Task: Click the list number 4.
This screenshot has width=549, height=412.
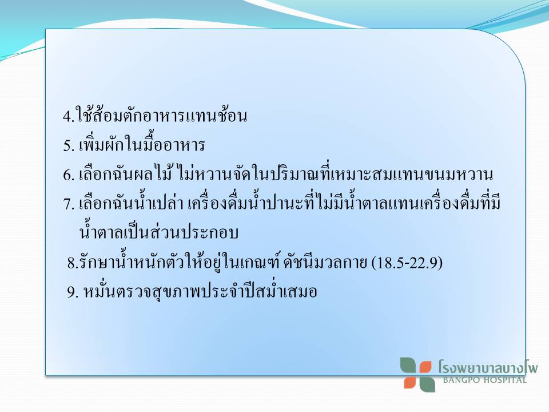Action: [67, 116]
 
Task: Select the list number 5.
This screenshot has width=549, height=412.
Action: [67, 145]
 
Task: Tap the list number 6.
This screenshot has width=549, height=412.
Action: [67, 175]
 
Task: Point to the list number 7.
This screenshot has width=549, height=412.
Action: [67, 204]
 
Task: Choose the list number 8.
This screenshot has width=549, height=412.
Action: [71, 263]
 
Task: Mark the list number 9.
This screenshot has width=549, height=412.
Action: [71, 292]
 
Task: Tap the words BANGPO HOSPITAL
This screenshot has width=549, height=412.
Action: [485, 380]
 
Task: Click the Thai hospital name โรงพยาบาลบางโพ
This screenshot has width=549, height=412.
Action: [488, 367]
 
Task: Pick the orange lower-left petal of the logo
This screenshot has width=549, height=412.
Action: [410, 382]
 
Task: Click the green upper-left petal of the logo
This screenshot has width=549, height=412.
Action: [408, 366]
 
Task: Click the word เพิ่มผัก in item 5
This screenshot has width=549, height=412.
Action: [101, 144]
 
